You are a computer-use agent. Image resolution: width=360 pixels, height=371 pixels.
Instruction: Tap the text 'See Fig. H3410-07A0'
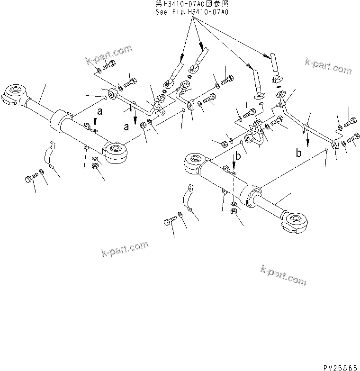(x=192, y=12)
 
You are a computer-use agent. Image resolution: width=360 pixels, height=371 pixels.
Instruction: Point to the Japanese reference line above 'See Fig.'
(x=192, y=4)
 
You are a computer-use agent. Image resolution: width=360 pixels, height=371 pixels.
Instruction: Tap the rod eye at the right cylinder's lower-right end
(x=294, y=221)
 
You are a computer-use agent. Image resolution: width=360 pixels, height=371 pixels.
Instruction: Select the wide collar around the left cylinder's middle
(x=61, y=122)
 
